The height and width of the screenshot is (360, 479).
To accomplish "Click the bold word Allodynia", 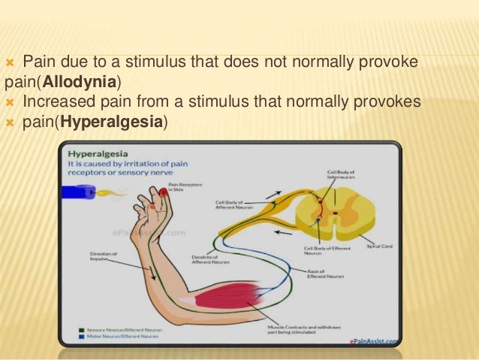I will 76,81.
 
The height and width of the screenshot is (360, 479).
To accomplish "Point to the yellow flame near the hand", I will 112,195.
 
